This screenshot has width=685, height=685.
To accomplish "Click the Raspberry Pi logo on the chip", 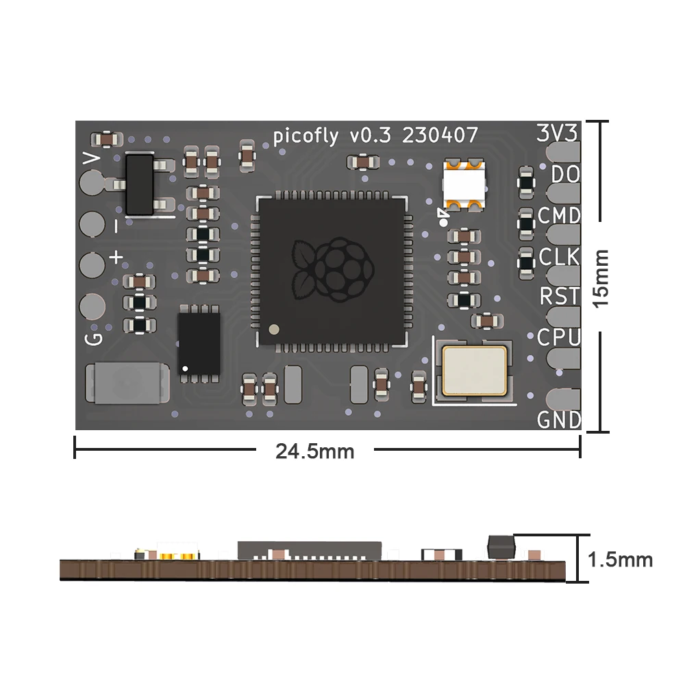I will point(332,271).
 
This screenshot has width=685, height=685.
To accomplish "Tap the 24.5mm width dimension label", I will point(314,451).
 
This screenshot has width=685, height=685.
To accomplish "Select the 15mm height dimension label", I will point(601,276).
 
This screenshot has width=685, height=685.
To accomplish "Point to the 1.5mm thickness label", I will point(621,560).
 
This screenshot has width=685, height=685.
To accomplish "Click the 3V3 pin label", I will point(558,133).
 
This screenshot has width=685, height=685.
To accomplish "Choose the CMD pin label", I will point(559,216).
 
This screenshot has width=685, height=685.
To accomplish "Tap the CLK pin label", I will point(560,258).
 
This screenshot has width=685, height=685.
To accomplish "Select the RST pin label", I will point(560,297).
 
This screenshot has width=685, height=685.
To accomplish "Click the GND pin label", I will point(559,419).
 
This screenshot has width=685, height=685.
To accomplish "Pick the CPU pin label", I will point(559,338).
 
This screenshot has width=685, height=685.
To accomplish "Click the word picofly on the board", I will point(306,136).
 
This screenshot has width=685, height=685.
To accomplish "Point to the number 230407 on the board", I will point(440,136).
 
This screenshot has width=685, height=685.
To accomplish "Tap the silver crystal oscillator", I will point(475,370).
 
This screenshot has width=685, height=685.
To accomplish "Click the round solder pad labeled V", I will point(92,182).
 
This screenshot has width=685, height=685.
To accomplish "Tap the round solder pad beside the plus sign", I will point(92,264).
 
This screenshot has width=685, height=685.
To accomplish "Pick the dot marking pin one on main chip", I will point(274,329).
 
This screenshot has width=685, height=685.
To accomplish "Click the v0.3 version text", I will point(370,136).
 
